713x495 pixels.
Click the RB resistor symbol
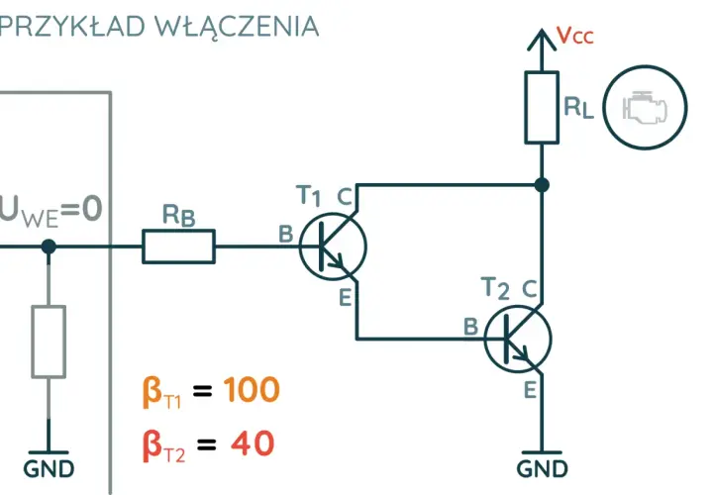click(x=178, y=247)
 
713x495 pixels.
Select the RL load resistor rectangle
click(x=542, y=107)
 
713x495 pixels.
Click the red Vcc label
click(x=575, y=36)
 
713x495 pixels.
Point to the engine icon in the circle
click(x=646, y=107)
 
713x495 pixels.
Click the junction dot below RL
click(x=542, y=185)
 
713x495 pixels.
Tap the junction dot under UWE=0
click(x=49, y=247)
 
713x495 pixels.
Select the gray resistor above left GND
click(x=49, y=342)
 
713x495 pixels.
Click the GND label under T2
click(x=542, y=469)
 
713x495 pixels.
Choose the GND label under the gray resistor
click(x=49, y=469)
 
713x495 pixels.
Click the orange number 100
click(x=251, y=389)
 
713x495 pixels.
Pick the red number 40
click(x=253, y=444)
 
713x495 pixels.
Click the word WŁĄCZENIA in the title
click(x=237, y=27)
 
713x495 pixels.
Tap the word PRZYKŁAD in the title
click(x=72, y=27)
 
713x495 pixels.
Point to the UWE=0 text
click(x=51, y=211)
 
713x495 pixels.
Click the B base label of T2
click(x=471, y=327)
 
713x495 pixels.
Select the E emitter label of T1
click(x=346, y=298)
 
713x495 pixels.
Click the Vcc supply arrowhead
click(x=542, y=39)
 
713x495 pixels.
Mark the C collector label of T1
click(x=345, y=197)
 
